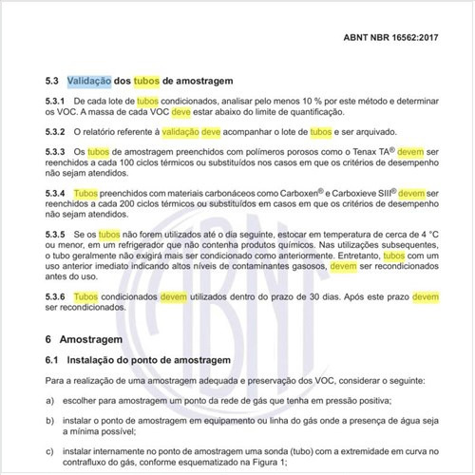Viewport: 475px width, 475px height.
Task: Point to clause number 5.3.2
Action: pos(56,132)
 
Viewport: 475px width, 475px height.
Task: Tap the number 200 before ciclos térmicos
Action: pos(145,206)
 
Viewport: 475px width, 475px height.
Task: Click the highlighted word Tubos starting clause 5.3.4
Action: pos(85,194)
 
